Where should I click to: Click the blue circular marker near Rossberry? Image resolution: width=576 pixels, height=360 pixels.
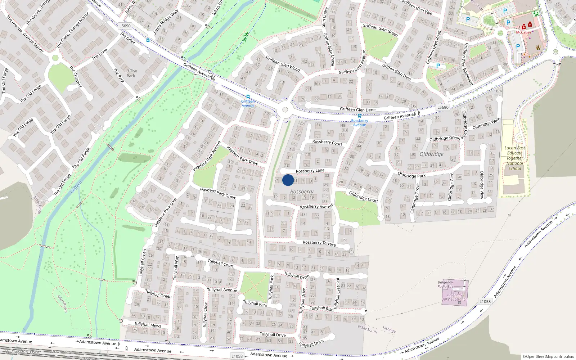[288, 180]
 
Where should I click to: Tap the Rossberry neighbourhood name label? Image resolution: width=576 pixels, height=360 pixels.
[302, 192]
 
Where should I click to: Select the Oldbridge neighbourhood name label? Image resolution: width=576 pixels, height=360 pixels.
[431, 154]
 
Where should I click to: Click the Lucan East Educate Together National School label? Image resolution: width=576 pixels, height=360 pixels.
[515, 158]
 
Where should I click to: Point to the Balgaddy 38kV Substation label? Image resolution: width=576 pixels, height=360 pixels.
[455, 297]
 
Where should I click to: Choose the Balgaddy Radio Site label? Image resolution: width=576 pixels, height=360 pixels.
[445, 284]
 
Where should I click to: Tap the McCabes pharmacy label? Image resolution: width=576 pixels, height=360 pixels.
[523, 32]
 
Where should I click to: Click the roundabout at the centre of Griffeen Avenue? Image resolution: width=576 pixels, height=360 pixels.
[285, 110]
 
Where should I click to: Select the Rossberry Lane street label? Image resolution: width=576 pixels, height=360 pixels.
[310, 171]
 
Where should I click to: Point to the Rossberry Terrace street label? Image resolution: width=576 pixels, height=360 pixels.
[319, 243]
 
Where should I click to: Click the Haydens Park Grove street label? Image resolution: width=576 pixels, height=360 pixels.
[218, 193]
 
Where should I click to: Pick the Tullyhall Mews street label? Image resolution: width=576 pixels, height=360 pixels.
[148, 324]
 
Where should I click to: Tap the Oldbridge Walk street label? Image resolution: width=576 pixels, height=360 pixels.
[486, 123]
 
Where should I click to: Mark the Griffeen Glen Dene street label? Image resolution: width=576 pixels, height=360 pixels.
[357, 109]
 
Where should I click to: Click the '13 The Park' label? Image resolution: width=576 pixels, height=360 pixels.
[131, 73]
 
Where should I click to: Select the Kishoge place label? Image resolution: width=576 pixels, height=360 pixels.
[389, 329]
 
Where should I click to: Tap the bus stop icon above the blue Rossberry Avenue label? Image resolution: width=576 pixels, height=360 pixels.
[359, 116]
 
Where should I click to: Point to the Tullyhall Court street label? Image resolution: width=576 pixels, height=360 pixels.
[221, 263]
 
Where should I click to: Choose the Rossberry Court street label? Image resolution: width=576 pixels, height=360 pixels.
[327, 143]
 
